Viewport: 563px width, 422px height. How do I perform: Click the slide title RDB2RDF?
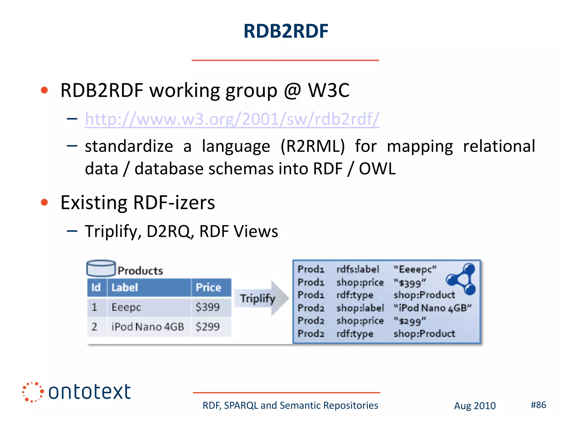(286, 31)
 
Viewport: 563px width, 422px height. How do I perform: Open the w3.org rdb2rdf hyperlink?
(232, 119)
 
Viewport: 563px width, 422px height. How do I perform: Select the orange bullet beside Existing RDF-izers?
(44, 202)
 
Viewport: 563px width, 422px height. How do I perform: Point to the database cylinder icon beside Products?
(101, 268)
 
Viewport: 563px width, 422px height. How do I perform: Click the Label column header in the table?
(125, 287)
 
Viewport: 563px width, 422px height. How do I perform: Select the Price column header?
(208, 287)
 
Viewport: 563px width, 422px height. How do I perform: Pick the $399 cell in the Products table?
(208, 307)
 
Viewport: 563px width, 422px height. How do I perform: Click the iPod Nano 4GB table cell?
(148, 327)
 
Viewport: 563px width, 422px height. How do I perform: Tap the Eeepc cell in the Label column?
(126, 307)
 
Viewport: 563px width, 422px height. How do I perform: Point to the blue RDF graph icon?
(462, 279)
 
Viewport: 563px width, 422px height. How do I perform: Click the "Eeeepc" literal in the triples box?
(415, 269)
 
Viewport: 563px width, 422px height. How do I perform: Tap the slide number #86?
(538, 405)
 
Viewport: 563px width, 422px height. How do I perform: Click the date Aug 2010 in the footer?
(474, 406)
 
